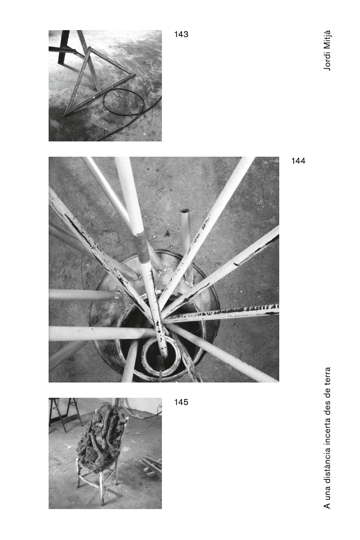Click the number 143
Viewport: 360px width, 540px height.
click(x=181, y=34)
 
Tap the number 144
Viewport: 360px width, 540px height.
click(x=298, y=161)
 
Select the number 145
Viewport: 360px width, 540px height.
click(x=181, y=402)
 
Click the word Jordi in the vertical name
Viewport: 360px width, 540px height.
click(x=327, y=61)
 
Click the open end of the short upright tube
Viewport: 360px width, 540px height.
click(x=184, y=211)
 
